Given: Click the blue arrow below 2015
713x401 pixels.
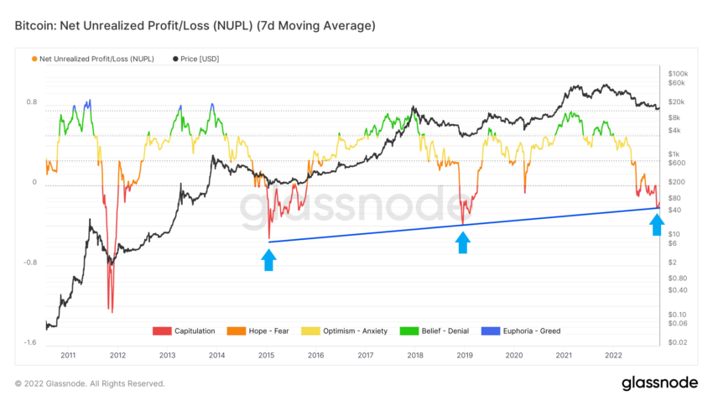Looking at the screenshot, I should [268, 259].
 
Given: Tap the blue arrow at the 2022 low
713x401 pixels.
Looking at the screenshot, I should [657, 224].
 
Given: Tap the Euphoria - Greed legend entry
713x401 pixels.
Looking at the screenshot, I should [525, 331].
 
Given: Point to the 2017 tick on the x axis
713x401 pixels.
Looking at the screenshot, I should [366, 356].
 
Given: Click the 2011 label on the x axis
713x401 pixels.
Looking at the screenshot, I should [69, 356].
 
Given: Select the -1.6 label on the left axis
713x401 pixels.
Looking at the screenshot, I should [29, 343].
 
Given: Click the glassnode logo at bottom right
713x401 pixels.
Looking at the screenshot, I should [659, 383].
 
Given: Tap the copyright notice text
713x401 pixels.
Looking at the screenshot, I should [90, 383].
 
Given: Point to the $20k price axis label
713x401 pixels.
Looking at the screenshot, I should [674, 102].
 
